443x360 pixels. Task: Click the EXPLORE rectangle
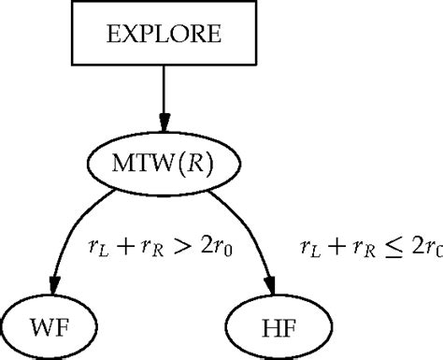click(x=165, y=36)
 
